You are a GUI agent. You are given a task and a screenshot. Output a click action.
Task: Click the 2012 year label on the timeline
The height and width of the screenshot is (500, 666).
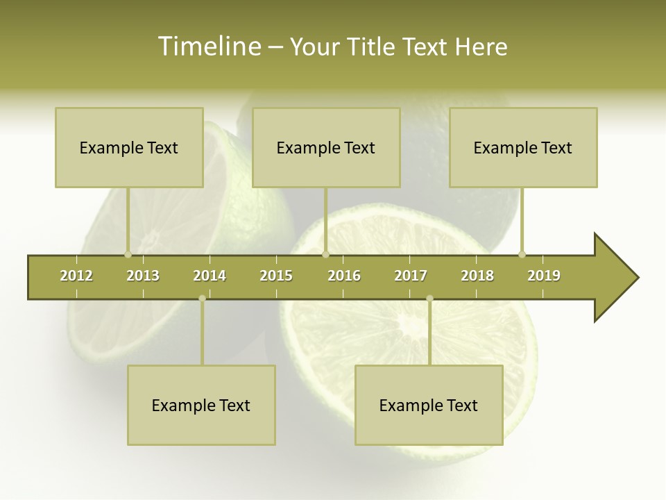point(76,276)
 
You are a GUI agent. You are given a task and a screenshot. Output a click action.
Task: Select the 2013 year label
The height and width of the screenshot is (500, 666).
point(143,276)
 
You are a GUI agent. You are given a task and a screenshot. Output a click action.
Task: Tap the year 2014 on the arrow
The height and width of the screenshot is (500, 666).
point(210,276)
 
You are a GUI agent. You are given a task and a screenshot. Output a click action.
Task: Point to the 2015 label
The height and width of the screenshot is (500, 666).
point(276,276)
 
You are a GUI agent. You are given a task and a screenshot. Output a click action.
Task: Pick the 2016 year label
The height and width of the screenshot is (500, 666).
point(344,276)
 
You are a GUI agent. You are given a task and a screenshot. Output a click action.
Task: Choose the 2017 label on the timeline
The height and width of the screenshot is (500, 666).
point(411,276)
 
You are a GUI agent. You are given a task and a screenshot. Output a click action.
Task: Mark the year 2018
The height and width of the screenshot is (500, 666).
point(477,276)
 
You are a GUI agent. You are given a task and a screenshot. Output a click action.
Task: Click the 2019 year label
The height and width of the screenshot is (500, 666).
point(544,276)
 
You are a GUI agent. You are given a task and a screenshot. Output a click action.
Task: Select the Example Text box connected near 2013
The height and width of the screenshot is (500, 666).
point(129,147)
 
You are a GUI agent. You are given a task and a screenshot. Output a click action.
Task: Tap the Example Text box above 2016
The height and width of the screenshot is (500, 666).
point(326,147)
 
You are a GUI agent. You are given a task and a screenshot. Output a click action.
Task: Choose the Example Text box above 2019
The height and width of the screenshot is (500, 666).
point(523,147)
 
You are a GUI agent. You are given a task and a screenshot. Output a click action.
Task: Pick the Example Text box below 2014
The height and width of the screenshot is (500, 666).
point(201,405)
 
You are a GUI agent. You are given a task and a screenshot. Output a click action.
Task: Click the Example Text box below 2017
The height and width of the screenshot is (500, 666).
point(429,405)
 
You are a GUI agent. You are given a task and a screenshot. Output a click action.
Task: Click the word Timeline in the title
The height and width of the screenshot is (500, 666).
point(208,47)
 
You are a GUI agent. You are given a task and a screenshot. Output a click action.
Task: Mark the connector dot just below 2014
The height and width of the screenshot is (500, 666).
point(202,298)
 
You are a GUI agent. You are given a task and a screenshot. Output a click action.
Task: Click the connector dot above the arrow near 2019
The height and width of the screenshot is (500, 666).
point(522,254)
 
